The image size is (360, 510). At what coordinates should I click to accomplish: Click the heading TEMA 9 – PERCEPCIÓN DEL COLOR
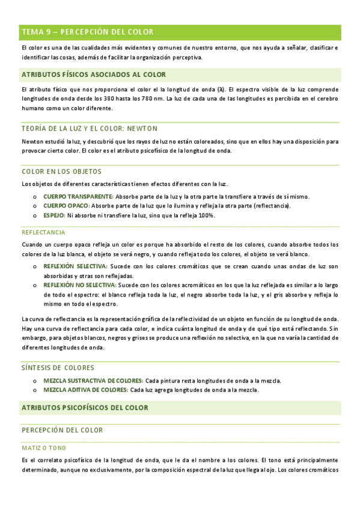point(87,32)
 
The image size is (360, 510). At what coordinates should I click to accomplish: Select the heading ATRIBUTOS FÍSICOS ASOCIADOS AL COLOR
point(93,75)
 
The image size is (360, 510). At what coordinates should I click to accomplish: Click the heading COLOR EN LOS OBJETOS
point(61,171)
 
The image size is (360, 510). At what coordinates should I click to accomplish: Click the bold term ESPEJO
point(54,215)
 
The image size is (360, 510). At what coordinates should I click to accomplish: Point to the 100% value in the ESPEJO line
point(207,215)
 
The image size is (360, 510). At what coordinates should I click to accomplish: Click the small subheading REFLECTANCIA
point(44,232)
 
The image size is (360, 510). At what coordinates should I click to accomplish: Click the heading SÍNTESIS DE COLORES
point(58,367)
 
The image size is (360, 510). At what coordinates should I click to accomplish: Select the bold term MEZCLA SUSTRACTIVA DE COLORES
point(93,381)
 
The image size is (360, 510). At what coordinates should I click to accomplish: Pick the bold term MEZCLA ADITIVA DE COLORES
point(85,390)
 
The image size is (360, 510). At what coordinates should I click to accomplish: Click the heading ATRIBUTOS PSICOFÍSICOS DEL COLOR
point(84,408)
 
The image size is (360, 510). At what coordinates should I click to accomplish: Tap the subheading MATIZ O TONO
point(43,448)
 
